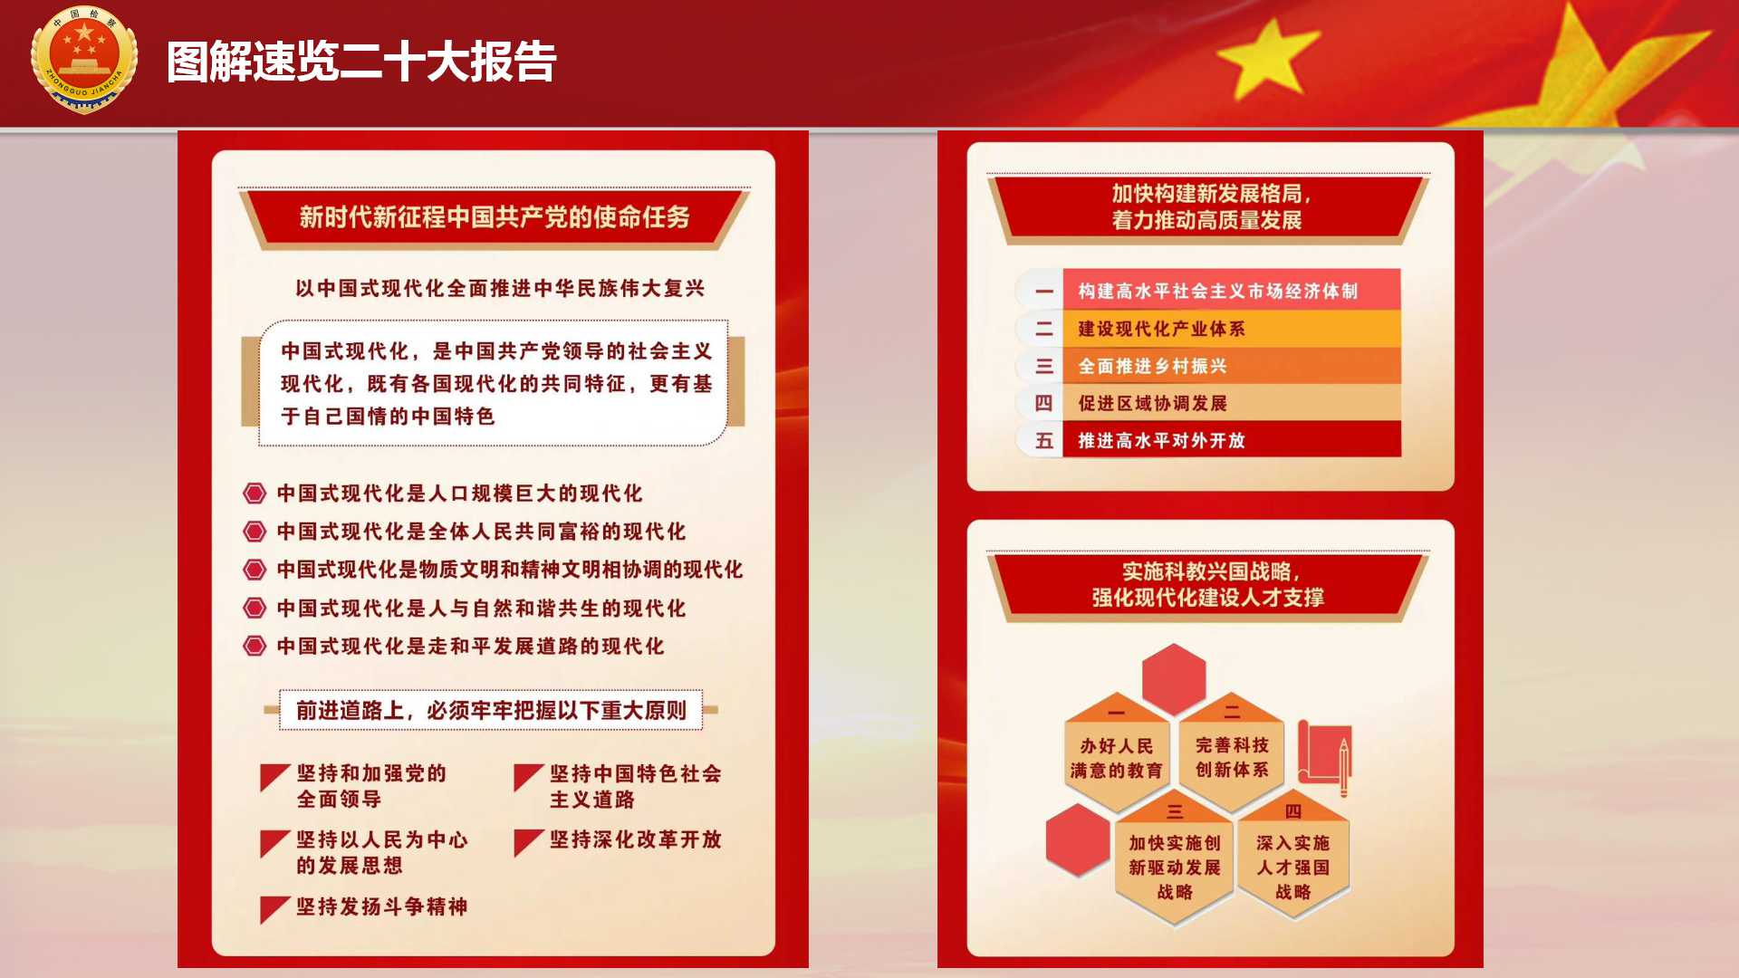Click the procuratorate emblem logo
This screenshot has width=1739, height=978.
[x=84, y=59]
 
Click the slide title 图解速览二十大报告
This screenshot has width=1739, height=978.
[x=361, y=62]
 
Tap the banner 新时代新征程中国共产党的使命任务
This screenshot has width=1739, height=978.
[x=495, y=217]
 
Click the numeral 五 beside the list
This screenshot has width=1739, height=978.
[x=1044, y=441]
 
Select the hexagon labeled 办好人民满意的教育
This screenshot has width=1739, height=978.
[x=1116, y=753]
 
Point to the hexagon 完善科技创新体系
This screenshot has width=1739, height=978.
[x=1232, y=752]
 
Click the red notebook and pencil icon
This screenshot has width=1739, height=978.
[x=1324, y=758]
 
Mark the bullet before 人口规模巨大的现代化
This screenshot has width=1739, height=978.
[x=255, y=494]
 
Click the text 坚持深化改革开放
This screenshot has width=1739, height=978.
[x=636, y=839]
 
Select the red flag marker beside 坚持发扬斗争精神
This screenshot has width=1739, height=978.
[x=274, y=909]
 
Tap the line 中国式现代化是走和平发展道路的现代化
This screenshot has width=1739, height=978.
[x=470, y=647]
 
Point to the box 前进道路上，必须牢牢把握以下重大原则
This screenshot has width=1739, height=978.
[x=491, y=710]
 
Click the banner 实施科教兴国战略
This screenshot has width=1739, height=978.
[x=1208, y=585]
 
